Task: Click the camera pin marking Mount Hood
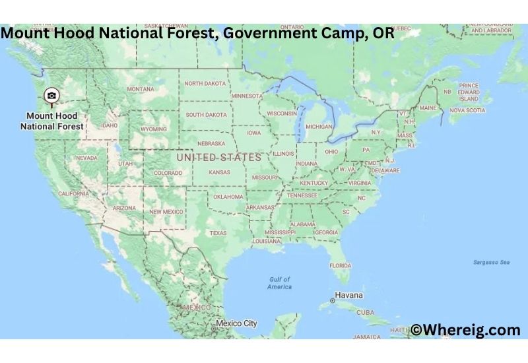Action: coord(51,96)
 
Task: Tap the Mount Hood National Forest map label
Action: coord(52,121)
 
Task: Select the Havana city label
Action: coord(348,295)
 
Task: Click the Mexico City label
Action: coord(236,323)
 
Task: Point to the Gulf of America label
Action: coord(279,283)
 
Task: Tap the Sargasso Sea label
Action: coord(491,262)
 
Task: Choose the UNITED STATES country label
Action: coord(218,157)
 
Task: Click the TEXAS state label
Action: coord(218,233)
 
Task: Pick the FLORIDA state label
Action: coord(340,265)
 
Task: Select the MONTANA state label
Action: coord(141,89)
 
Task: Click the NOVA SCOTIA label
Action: coord(467,110)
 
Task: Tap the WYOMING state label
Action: coord(154,129)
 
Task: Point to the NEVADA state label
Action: coord(86,158)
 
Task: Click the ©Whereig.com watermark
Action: coord(465,330)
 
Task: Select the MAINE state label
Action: coord(428,108)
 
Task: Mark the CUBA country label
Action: coord(365,313)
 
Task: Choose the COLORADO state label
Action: coord(168,173)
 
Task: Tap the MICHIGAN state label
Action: coord(319,126)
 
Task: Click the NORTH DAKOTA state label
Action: coord(205,84)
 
